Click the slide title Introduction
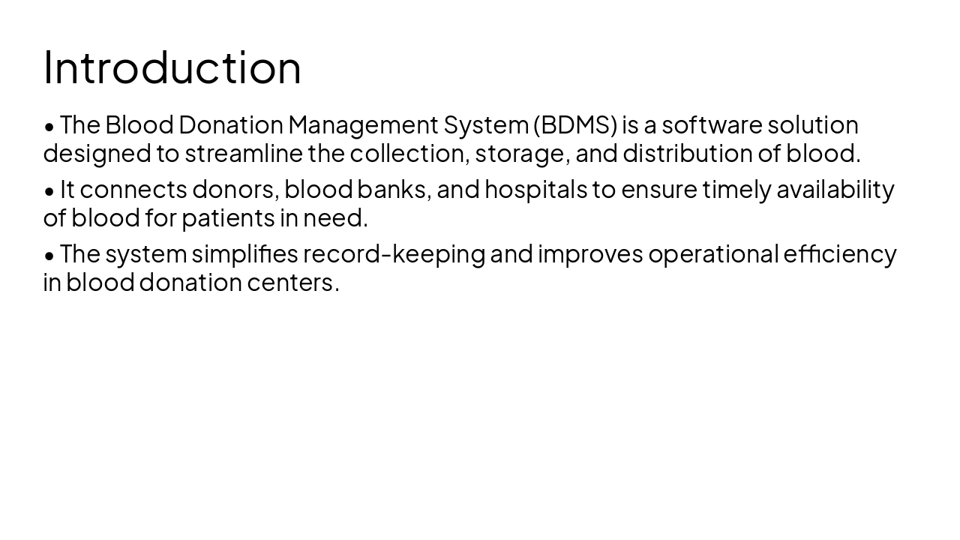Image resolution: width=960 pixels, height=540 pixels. (172, 67)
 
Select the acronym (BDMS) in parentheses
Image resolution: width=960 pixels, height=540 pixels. (574, 124)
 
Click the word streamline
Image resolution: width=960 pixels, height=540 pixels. (244, 154)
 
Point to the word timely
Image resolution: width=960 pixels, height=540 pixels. (736, 190)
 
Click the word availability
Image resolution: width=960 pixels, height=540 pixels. (835, 190)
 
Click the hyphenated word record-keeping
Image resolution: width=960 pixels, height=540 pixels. (394, 254)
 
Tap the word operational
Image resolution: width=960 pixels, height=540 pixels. (712, 254)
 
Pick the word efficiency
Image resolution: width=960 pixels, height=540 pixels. (839, 254)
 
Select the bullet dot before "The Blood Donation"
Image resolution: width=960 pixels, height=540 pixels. (49, 127)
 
